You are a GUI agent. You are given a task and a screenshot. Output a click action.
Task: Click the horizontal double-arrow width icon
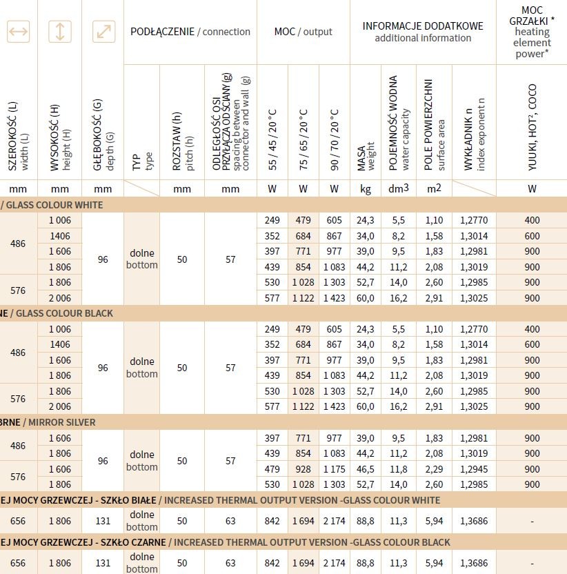[x=18, y=31]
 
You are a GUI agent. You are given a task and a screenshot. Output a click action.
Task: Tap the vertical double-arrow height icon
[x=60, y=31]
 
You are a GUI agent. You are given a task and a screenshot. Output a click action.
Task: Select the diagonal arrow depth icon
[x=103, y=31]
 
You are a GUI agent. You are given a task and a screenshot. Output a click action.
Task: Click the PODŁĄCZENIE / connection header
[x=190, y=32]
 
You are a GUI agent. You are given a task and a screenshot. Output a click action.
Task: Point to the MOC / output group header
[x=303, y=32]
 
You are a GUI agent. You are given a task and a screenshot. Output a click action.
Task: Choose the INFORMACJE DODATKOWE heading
[x=423, y=32]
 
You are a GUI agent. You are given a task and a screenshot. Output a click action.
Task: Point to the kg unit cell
[x=366, y=188]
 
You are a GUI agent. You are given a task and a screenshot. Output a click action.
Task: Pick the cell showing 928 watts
[x=304, y=469]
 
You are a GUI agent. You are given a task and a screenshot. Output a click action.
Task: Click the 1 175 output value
[x=334, y=469]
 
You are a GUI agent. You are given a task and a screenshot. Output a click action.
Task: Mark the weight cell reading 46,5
[x=366, y=469]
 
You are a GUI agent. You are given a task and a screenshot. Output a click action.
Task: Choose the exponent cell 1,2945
[x=474, y=469]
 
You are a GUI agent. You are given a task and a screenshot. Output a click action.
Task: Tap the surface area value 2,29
[x=435, y=469]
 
